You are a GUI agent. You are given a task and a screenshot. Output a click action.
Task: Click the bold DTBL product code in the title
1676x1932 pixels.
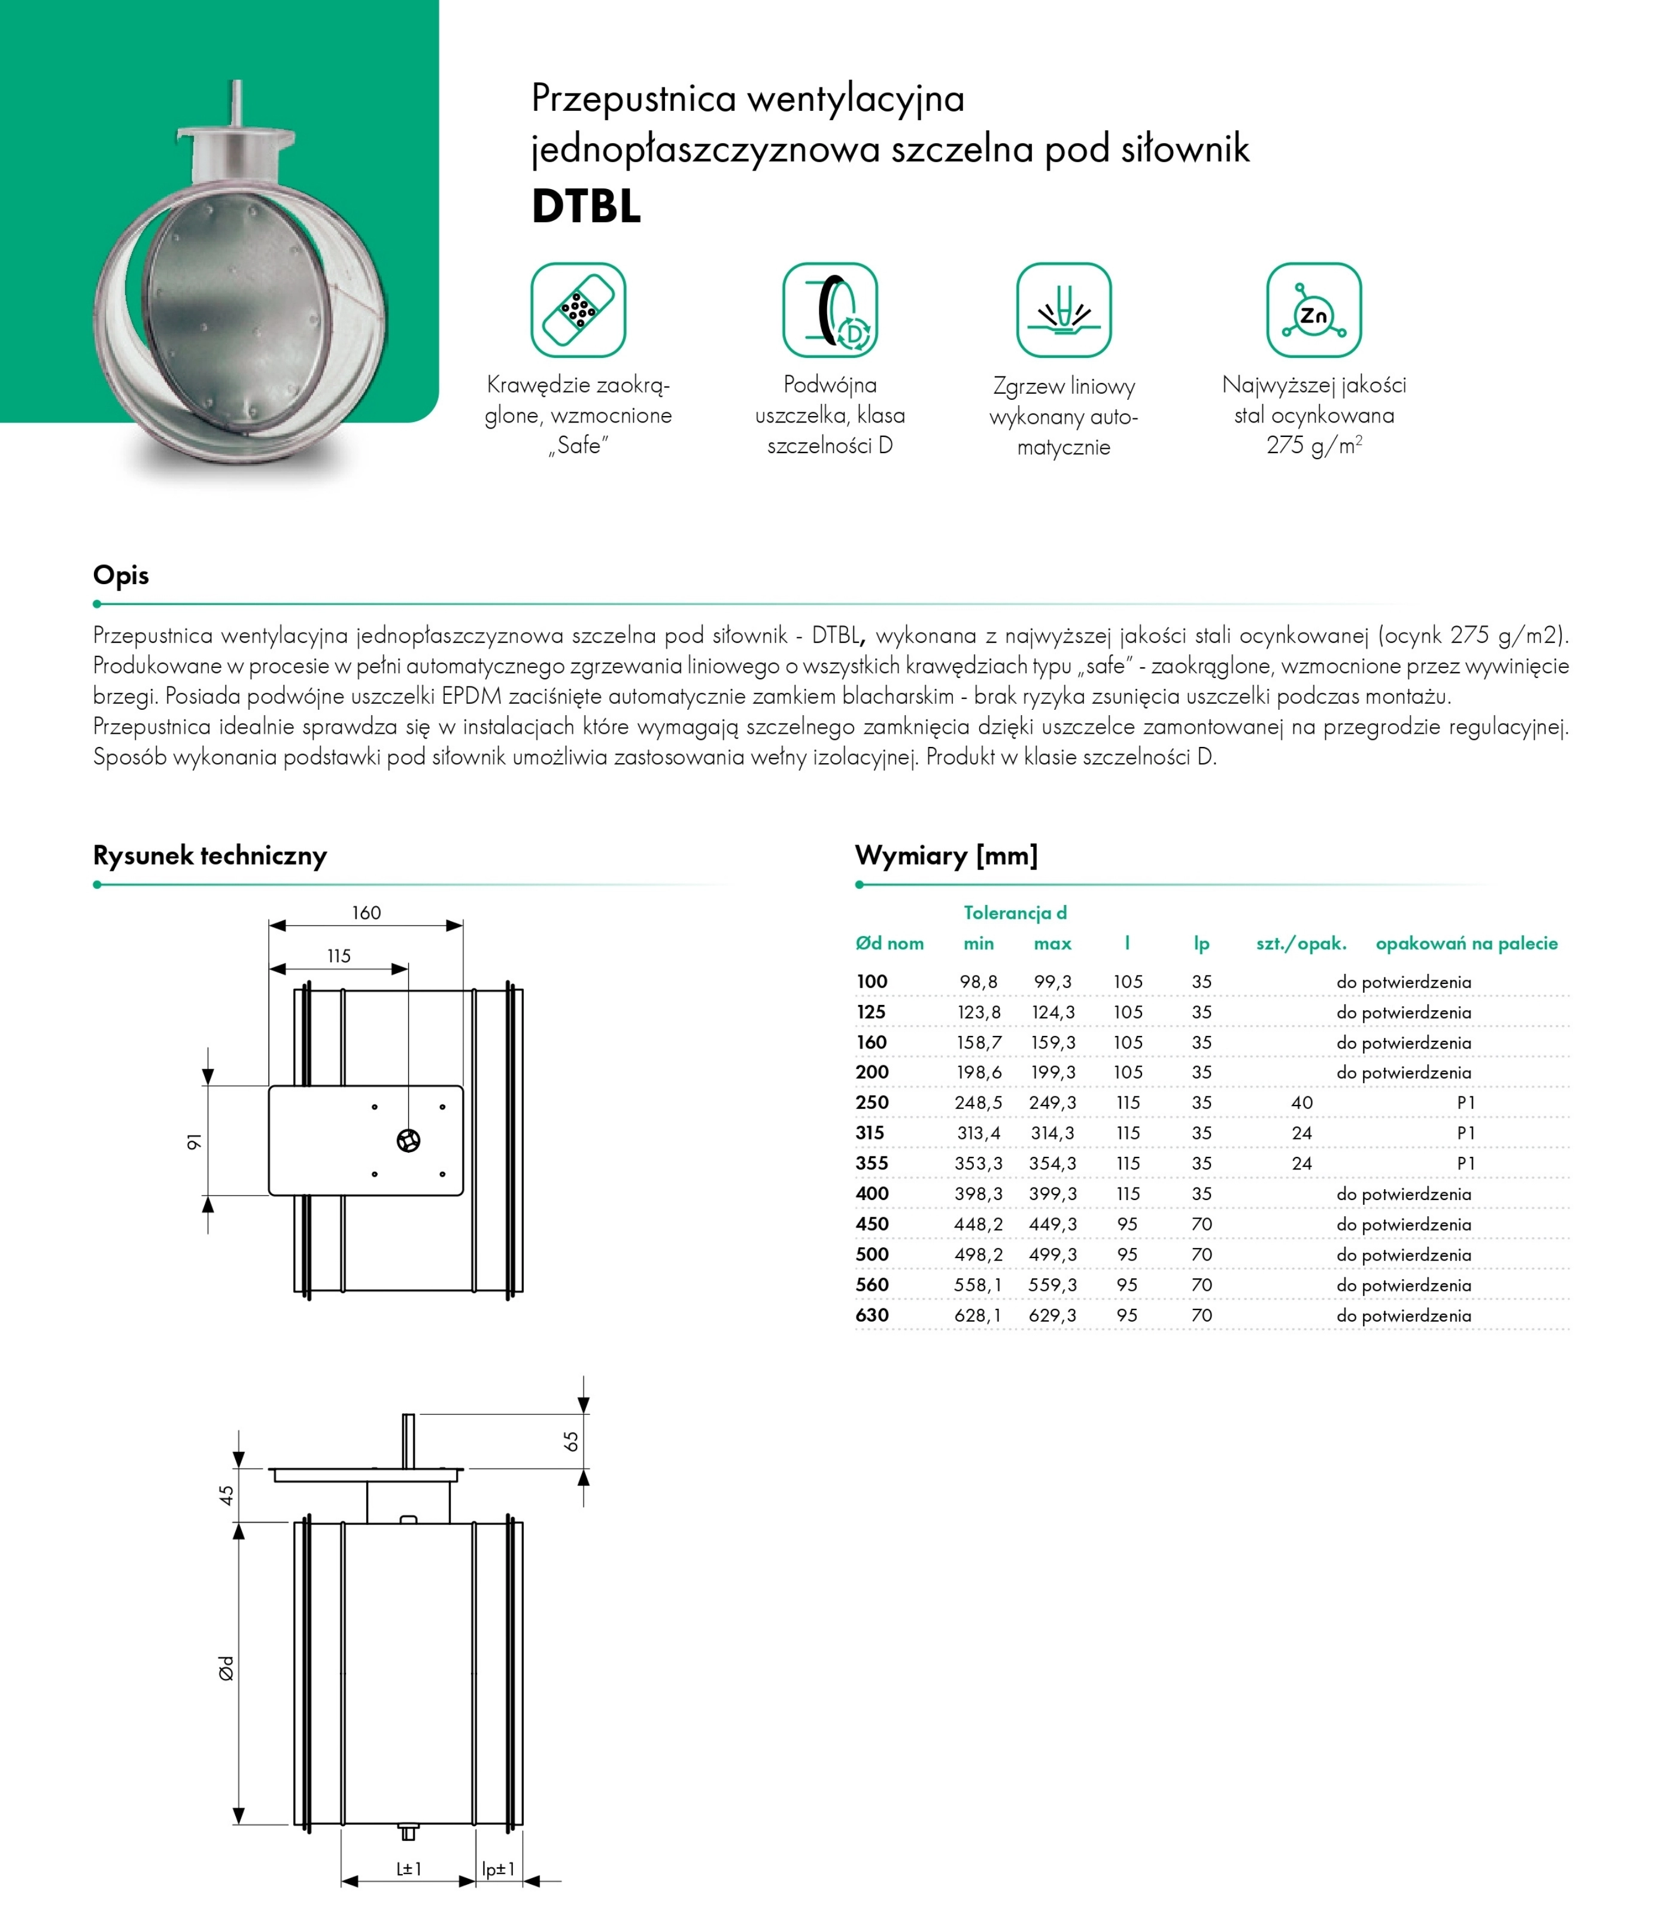pos(587,206)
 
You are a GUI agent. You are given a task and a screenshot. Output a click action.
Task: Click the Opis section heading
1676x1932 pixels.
pos(121,575)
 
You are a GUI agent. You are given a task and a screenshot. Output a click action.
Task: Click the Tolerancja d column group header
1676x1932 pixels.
pos(1015,913)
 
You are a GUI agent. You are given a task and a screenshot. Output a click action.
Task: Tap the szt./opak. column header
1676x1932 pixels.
pos(1301,944)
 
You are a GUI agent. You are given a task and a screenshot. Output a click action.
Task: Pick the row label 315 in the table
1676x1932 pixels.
pos(870,1134)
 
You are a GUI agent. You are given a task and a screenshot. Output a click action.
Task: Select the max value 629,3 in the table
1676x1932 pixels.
pos(1052,1316)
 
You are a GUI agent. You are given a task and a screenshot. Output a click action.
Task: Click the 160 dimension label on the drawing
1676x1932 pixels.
pos(366,913)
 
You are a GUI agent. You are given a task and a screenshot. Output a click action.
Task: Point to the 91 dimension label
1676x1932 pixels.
pos(193,1142)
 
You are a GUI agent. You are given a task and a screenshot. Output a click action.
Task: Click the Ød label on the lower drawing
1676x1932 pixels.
pos(226,1668)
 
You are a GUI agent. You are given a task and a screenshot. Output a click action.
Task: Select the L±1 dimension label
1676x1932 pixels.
pos(409,1869)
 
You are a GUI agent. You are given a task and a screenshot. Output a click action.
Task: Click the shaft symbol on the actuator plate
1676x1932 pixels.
pos(409,1141)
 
